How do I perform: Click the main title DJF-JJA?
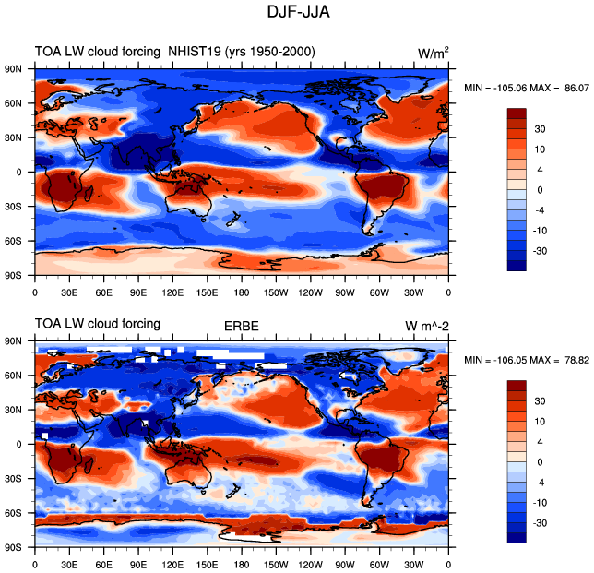click(x=299, y=12)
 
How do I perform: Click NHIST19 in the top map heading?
click(x=195, y=51)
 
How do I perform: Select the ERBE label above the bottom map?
click(x=242, y=326)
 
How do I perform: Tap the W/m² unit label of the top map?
click(x=433, y=53)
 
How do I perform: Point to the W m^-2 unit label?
click(x=427, y=326)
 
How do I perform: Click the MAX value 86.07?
click(x=577, y=89)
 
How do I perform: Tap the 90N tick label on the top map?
click(x=13, y=69)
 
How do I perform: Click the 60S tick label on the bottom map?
click(x=13, y=513)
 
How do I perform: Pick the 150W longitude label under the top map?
click(x=276, y=292)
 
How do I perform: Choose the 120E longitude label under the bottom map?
click(x=172, y=565)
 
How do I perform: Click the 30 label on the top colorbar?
click(x=540, y=129)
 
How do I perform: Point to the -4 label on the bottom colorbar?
click(x=540, y=483)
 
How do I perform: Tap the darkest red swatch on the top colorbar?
click(x=517, y=113)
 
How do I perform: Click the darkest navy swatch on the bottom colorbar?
click(x=517, y=538)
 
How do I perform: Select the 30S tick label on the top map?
click(x=13, y=207)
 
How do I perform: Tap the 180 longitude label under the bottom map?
click(x=242, y=565)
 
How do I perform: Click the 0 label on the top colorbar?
click(x=540, y=190)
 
